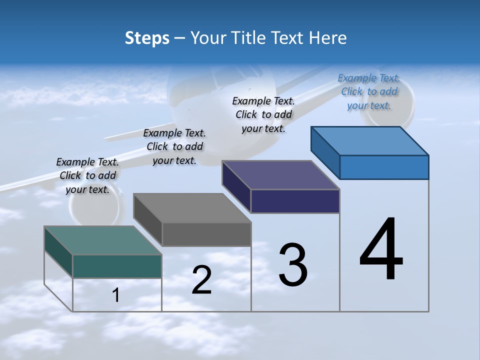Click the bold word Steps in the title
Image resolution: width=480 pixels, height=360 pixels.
pos(147,38)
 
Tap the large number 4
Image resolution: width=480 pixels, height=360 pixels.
pos(381,249)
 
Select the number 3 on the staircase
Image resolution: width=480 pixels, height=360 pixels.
pos(292,265)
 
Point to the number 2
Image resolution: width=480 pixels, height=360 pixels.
pos(201,280)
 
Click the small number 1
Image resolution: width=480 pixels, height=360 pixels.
pos(116,295)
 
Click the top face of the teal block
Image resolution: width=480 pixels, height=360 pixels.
pos(102,240)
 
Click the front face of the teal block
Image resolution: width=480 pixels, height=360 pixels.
pos(117,266)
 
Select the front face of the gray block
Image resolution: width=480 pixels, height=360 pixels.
pos(206,234)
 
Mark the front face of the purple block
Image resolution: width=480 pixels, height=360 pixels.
pos(295,201)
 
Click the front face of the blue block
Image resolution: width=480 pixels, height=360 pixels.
pos(384,167)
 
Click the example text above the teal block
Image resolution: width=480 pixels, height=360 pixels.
pos(87,176)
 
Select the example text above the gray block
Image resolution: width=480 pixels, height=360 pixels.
pos(174,147)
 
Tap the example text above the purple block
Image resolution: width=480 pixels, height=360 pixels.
pos(263,115)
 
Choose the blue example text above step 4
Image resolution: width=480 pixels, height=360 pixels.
pos(369,92)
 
